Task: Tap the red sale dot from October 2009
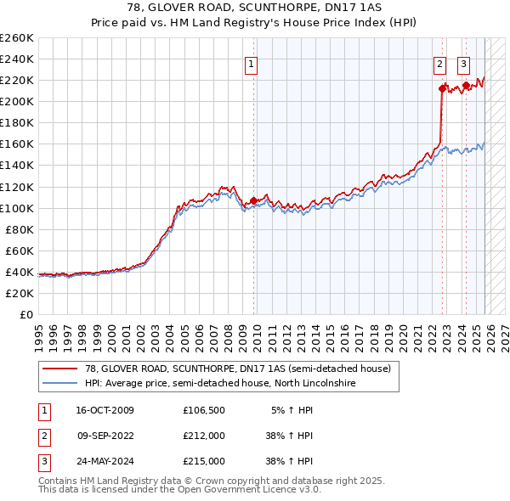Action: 253,200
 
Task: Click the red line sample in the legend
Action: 59,369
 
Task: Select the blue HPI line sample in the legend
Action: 59,384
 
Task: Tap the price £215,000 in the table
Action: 204,461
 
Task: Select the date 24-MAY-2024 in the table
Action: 105,461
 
